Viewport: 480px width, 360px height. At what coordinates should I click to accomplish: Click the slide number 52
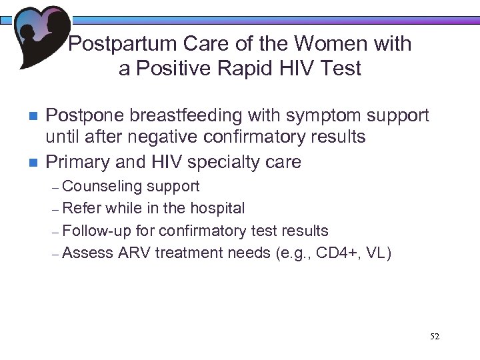tap(435, 337)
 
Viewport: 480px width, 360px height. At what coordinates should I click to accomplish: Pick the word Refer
tap(83, 208)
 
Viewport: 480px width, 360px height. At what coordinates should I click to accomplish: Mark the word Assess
tap(90, 253)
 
